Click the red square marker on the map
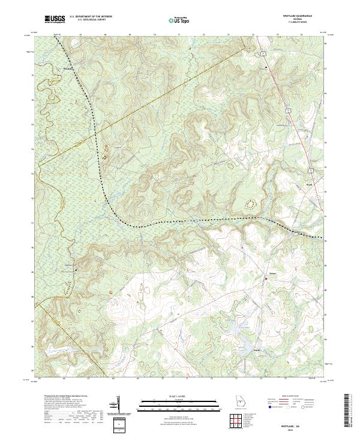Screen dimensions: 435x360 click(266, 278)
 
